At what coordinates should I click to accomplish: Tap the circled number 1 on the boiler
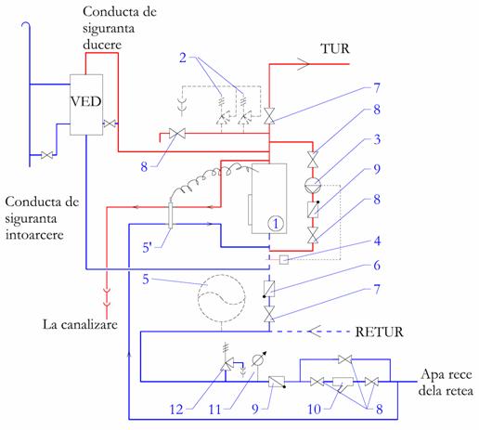point(276,223)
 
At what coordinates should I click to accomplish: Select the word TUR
point(335,49)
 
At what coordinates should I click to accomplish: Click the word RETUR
point(379,332)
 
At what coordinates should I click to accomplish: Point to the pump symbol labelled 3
point(313,186)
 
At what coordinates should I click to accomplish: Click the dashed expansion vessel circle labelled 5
point(222,298)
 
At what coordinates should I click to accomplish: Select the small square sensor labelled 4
point(284,259)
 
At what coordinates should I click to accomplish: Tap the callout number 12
point(176,410)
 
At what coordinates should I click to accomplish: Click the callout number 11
point(214,410)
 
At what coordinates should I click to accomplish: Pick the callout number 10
point(314,410)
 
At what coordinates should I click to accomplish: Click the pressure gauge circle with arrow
point(257,359)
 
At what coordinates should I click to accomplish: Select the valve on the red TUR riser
point(269,116)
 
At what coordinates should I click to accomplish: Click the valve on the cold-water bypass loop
point(344,359)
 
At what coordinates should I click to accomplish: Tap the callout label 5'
point(147,248)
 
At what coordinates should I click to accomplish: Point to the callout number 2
point(183,58)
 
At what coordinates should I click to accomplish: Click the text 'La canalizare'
point(80,324)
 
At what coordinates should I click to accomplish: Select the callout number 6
point(377,266)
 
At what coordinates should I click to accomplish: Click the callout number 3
point(377,139)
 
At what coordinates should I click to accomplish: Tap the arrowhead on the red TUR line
point(304,64)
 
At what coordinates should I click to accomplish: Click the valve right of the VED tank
point(110,124)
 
